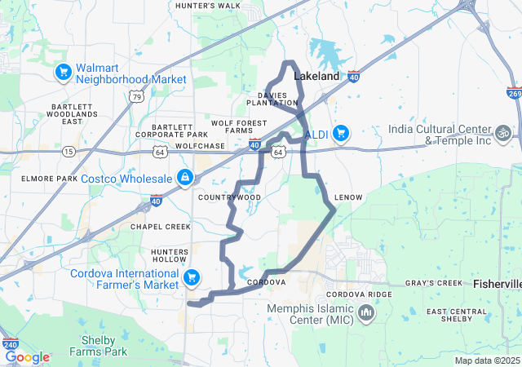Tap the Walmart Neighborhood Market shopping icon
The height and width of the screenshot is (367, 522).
click(63, 73)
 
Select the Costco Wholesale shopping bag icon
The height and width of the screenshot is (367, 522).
click(186, 177)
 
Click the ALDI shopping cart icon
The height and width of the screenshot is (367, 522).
click(340, 132)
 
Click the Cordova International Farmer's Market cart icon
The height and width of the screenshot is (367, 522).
click(192, 279)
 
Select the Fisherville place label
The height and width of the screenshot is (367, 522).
click(498, 284)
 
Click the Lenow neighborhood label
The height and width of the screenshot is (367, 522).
click(348, 198)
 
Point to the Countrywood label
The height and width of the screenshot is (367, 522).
click(229, 197)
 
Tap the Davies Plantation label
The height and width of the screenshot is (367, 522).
click(272, 99)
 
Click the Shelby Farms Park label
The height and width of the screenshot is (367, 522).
click(104, 346)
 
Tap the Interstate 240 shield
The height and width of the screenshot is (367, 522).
click(10, 345)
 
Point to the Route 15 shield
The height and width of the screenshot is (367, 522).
click(69, 152)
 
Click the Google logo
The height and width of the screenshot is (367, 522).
click(27, 357)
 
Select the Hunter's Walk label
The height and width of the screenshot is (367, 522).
click(208, 6)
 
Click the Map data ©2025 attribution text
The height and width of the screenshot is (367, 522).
click(486, 360)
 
